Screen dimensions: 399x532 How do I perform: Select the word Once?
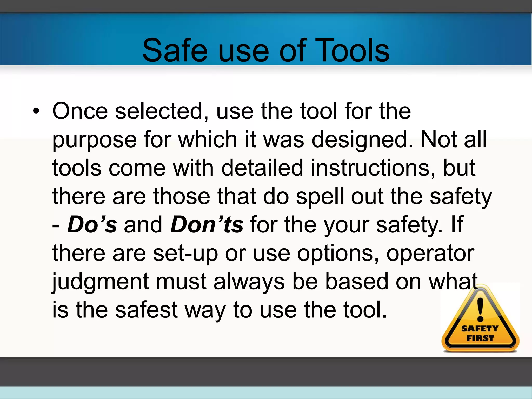[x=80, y=111]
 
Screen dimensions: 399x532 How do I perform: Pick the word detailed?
[x=262, y=168]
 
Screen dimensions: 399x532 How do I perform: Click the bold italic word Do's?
[x=92, y=224]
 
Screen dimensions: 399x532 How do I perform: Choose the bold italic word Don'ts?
[x=207, y=224]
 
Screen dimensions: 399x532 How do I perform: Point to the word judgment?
[x=100, y=282]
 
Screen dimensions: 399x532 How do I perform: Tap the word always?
[x=249, y=282]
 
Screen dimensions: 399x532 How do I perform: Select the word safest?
[x=146, y=310]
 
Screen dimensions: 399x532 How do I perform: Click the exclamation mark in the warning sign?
[x=480, y=309]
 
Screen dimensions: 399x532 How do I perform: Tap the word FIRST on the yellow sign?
[x=480, y=338]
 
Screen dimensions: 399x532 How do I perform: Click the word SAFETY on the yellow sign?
[x=480, y=329]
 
